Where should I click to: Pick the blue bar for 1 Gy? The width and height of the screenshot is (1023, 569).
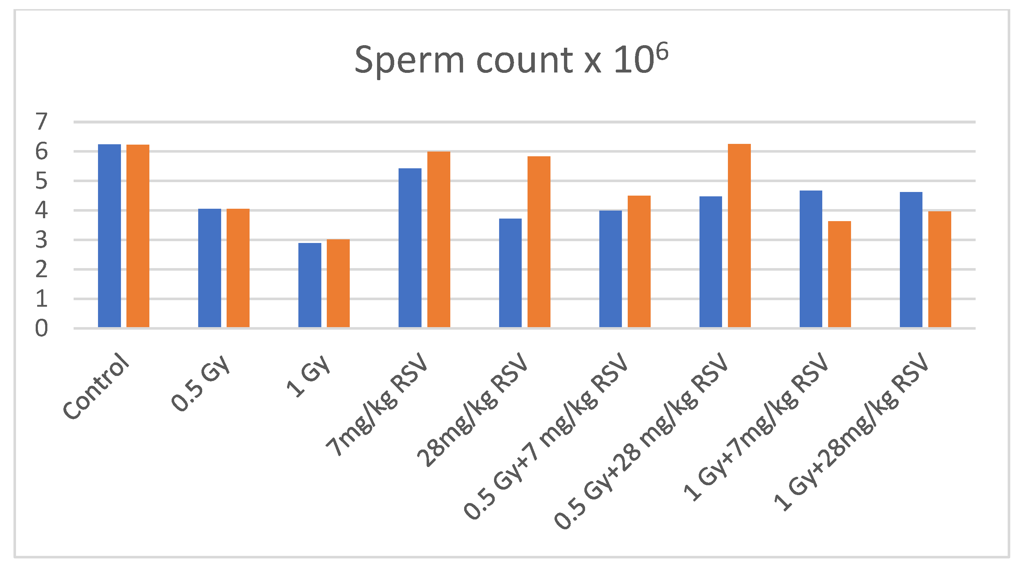tap(310, 285)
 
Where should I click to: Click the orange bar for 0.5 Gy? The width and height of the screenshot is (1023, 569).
tap(238, 268)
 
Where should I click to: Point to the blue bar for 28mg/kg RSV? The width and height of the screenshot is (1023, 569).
tap(510, 273)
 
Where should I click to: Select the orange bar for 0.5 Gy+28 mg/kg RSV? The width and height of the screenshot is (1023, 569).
tap(739, 235)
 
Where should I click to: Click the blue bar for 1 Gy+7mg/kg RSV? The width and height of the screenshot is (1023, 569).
tap(811, 259)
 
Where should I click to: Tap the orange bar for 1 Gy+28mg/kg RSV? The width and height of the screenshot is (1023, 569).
tap(940, 269)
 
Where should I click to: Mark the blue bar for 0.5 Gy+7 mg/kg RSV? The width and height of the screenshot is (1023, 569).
tap(610, 269)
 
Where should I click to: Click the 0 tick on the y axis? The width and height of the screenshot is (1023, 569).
tap(41, 328)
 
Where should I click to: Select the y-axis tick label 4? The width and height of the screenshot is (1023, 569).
tap(41, 210)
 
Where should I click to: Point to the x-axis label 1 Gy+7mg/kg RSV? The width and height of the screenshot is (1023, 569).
tap(757, 427)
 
